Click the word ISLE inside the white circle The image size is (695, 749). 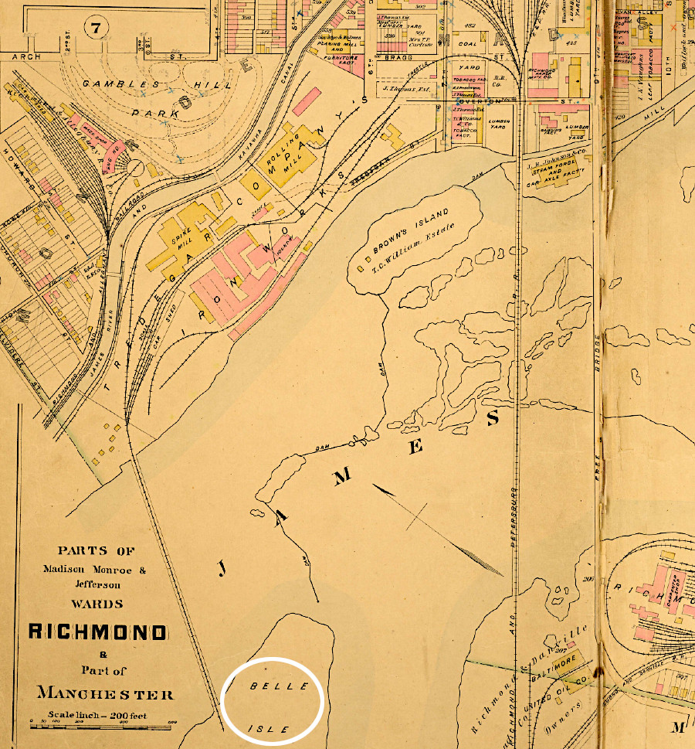pyautogui.click(x=269, y=729)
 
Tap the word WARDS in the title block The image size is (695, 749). pyautogui.click(x=97, y=603)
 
